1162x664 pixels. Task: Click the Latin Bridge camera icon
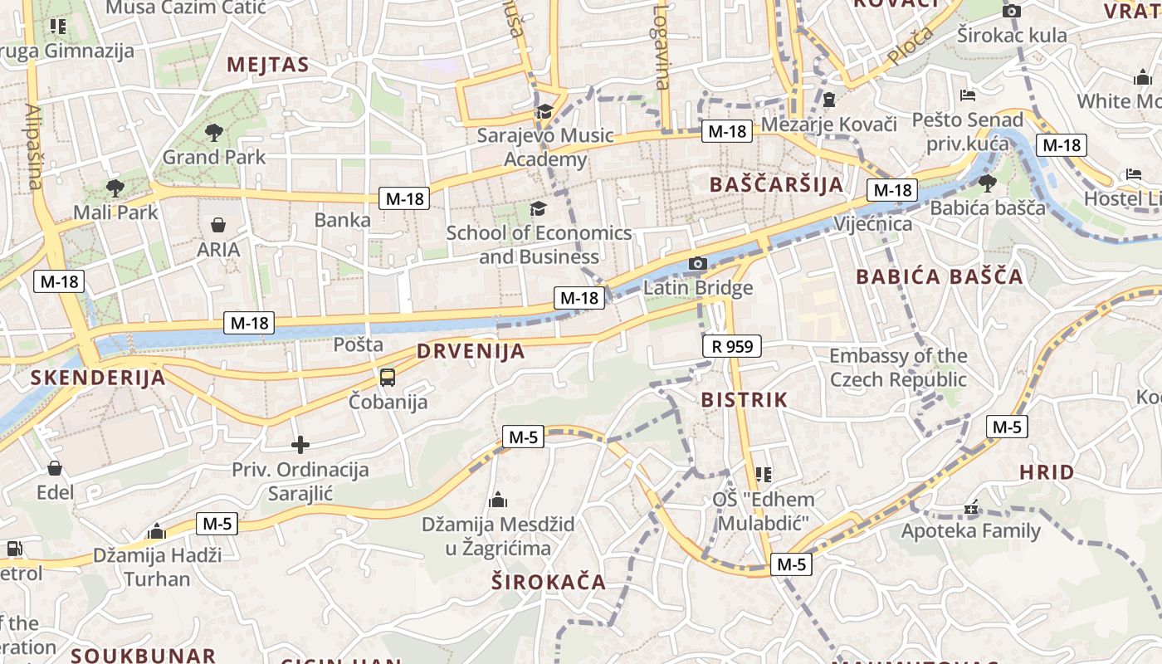(698, 264)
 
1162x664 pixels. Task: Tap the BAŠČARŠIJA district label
(777, 184)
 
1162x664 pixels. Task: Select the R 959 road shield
(731, 346)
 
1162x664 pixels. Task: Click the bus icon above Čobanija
(388, 378)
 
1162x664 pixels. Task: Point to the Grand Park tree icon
(214, 132)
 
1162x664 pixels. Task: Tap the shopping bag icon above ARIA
(218, 225)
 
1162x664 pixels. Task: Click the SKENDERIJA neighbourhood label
(98, 378)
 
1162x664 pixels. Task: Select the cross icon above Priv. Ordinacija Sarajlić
(300, 446)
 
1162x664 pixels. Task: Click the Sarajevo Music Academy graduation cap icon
(544, 111)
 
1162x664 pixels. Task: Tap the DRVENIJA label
(471, 351)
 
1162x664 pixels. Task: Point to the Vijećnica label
(873, 224)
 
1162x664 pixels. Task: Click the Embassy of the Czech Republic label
(898, 368)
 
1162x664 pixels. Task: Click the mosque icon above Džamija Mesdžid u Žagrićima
(498, 500)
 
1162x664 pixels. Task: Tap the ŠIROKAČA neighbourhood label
(548, 582)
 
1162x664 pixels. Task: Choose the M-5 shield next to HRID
(1007, 427)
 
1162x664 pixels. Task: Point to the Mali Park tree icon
(115, 188)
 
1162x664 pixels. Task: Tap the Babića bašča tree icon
(987, 183)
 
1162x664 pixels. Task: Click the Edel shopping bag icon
(55, 469)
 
